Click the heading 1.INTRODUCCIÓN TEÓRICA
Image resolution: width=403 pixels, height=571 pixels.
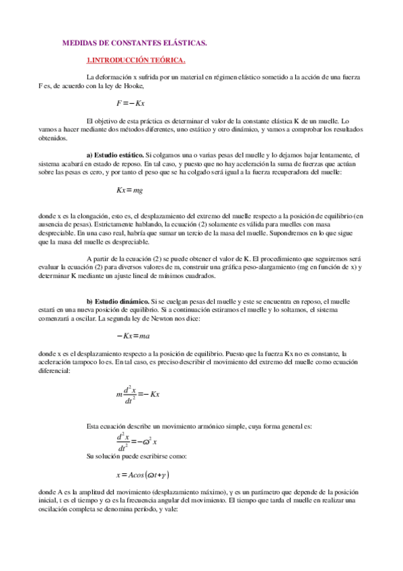pyautogui.click(x=132, y=60)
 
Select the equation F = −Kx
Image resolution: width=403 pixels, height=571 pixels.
pyautogui.click(x=131, y=103)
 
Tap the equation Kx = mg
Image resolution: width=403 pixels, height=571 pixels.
pyautogui.click(x=130, y=191)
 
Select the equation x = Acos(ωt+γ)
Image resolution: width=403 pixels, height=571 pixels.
pyautogui.click(x=141, y=475)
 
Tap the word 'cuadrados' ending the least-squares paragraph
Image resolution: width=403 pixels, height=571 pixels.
pyautogui.click(x=198, y=275)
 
